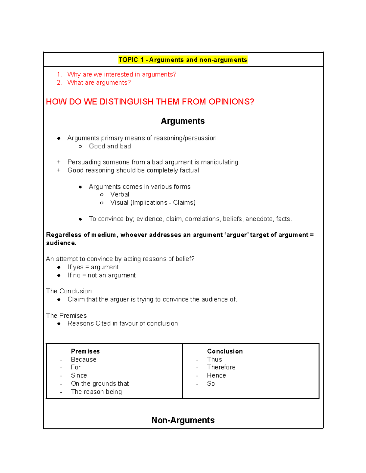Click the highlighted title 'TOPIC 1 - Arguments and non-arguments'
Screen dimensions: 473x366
(183, 60)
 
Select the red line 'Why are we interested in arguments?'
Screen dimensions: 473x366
(122, 74)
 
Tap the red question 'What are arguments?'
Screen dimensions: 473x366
(99, 83)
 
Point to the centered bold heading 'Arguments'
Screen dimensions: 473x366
(183, 121)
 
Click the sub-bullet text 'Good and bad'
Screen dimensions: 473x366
(110, 146)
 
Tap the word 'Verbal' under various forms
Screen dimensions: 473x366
(120, 194)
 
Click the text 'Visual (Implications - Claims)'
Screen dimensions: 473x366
(153, 203)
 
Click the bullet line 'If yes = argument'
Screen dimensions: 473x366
(93, 267)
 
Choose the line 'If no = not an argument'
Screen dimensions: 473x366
(101, 275)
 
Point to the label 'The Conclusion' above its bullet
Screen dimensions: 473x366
(69, 291)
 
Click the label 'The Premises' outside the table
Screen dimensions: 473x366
(66, 316)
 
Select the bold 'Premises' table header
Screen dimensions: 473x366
(85, 351)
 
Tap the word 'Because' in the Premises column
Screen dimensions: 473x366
(84, 360)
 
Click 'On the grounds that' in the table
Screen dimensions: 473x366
(100, 383)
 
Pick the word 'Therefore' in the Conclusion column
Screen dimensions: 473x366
(221, 367)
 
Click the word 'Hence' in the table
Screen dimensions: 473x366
(217, 376)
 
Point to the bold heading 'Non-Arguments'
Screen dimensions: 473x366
(183, 420)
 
